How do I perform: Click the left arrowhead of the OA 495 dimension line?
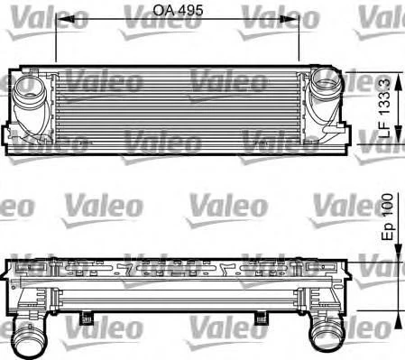(x=60, y=23)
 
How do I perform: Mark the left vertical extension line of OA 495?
(x=56, y=41)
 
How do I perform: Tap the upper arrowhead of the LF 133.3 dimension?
(x=385, y=70)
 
